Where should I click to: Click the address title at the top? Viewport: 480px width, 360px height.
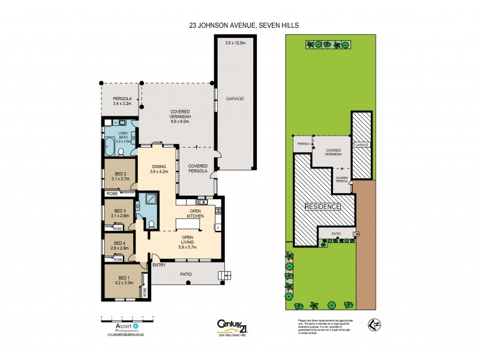240,25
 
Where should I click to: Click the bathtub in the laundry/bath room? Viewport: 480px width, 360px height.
111,146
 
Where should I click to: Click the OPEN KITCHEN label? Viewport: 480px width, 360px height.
196,214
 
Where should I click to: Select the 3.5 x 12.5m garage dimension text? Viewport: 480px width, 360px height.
235,43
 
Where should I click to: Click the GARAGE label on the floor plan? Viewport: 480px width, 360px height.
235,98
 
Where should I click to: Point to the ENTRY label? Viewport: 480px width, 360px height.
159,265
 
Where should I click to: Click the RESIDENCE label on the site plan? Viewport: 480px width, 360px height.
323,207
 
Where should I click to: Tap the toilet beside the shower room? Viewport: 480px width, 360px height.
151,223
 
